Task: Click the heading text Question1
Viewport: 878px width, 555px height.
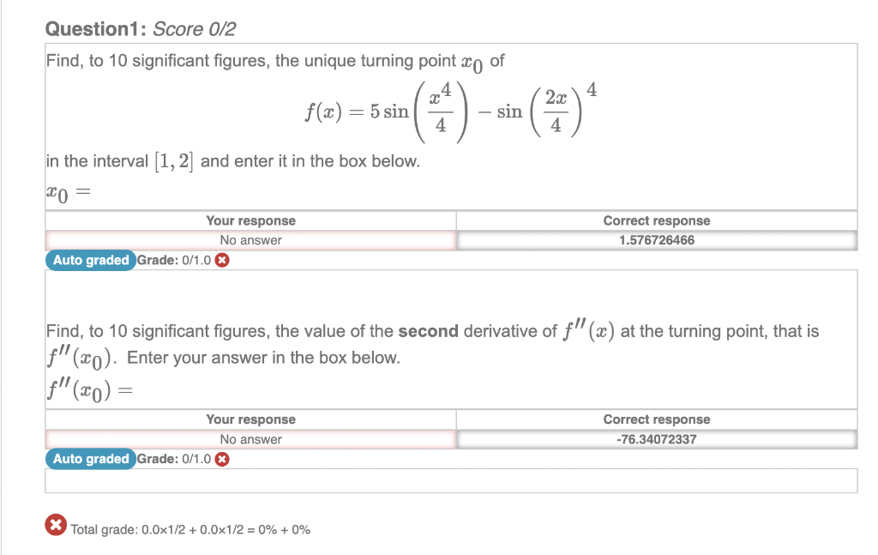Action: [95, 30]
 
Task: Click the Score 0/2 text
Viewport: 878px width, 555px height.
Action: [194, 30]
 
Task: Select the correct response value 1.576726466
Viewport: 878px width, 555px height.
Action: [656, 240]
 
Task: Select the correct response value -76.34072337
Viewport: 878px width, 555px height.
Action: [656, 439]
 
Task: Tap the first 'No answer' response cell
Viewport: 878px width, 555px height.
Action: [250, 240]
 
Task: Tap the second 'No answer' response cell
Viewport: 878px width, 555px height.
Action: [250, 439]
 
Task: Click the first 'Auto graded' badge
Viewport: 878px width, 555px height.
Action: [90, 260]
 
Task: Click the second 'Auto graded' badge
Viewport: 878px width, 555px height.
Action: [90, 459]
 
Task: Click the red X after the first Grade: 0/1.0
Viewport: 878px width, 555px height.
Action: [222, 261]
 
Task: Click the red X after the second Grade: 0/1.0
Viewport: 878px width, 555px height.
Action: [222, 459]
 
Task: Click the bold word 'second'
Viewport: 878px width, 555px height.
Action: [430, 331]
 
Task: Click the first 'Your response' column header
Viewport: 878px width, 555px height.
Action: [250, 220]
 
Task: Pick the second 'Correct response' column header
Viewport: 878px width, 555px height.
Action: [656, 419]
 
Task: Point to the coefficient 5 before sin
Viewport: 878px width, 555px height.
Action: [375, 112]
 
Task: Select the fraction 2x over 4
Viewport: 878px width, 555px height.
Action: [556, 112]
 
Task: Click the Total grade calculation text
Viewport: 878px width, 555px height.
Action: [190, 529]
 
